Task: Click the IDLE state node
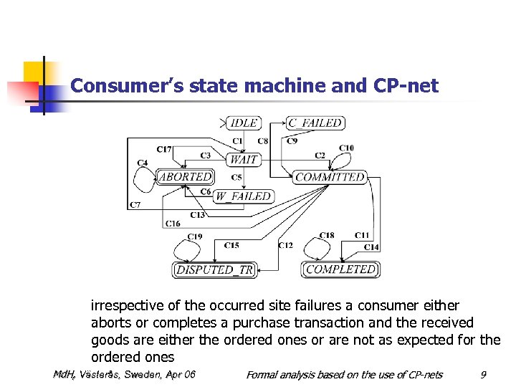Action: click(x=244, y=123)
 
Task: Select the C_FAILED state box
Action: click(x=315, y=123)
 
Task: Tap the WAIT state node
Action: click(x=244, y=159)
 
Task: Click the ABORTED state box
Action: click(x=185, y=176)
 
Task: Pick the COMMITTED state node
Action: click(x=330, y=177)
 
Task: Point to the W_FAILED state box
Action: click(x=244, y=196)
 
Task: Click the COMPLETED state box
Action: click(x=340, y=269)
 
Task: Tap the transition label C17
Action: click(x=163, y=149)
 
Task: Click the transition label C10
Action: click(x=346, y=148)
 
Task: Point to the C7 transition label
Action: click(x=135, y=206)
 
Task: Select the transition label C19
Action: click(x=194, y=236)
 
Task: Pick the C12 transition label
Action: click(x=285, y=246)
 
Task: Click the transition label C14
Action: click(x=371, y=247)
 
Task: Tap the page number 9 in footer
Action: click(x=484, y=375)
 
